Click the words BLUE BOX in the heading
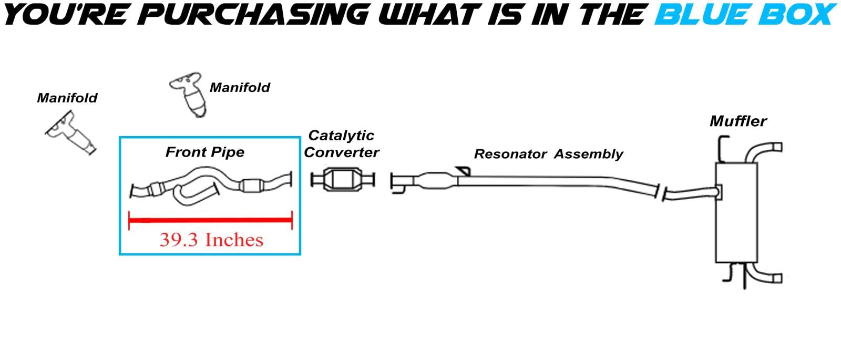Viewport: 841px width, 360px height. (745, 15)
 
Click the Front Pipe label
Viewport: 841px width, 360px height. (205, 152)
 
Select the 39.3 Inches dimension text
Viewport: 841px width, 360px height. (211, 240)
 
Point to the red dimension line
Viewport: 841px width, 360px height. (210, 220)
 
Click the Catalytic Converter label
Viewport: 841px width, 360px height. (342, 144)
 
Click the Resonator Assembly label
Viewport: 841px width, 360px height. (548, 154)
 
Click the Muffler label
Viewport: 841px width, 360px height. (738, 121)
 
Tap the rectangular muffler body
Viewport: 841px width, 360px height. (736, 213)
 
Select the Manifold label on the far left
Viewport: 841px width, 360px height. (67, 98)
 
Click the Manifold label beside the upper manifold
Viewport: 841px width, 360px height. (240, 87)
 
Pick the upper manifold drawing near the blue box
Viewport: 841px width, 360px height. (188, 95)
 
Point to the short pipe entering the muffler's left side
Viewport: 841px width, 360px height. (689, 193)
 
